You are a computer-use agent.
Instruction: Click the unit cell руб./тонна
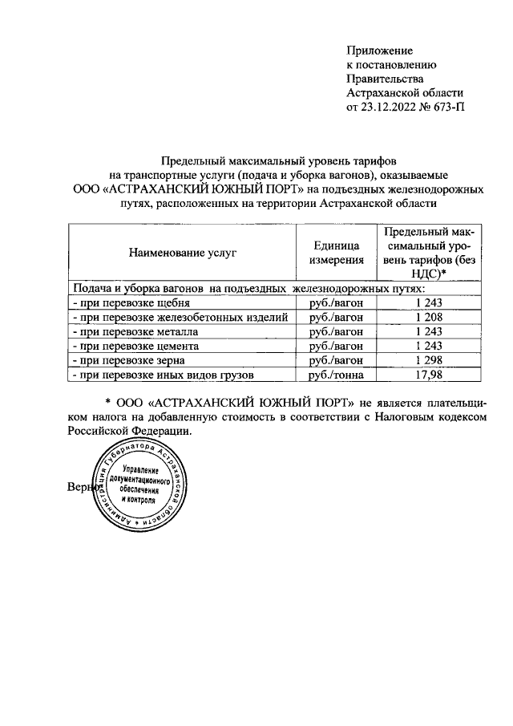coord(336,374)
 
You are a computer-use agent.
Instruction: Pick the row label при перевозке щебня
coord(131,303)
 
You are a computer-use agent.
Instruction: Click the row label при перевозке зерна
coord(129,359)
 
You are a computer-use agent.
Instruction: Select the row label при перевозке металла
coord(135,331)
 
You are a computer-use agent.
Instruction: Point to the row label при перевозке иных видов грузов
coord(164,374)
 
